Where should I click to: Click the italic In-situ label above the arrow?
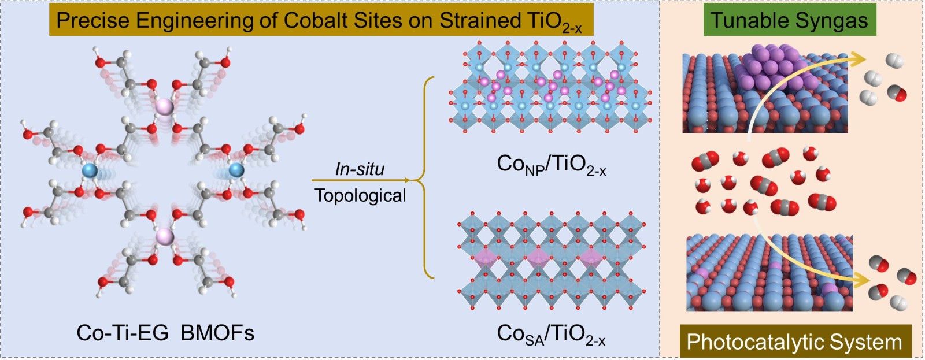[x=360, y=169]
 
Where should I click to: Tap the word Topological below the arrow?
[x=361, y=195]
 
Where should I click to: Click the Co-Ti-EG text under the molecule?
[x=123, y=332]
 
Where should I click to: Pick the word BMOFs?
[x=217, y=332]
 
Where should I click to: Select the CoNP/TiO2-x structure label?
[x=552, y=165]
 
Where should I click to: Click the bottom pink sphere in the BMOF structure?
[x=165, y=237]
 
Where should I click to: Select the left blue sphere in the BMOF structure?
[x=90, y=170]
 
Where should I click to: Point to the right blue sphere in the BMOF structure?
[x=236, y=169]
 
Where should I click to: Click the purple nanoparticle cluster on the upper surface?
[x=774, y=66]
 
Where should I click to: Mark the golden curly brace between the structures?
[x=427, y=177]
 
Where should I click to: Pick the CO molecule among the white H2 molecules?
[x=897, y=93]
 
